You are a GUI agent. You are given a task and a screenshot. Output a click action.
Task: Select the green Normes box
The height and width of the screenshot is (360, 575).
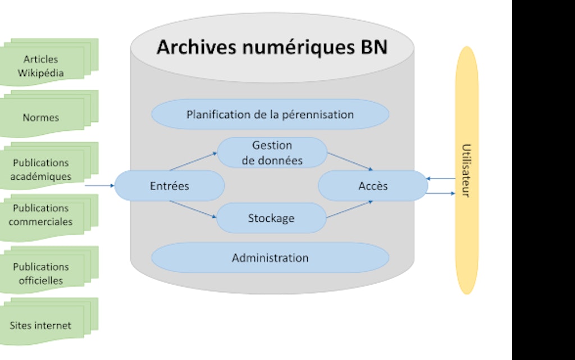coord(41,117)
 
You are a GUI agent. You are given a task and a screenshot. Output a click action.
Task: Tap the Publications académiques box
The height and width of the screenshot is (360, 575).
coord(41,169)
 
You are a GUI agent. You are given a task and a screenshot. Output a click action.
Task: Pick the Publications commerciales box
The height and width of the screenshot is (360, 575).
coord(41,215)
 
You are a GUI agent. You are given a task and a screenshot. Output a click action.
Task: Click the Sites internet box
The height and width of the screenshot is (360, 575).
coord(41,325)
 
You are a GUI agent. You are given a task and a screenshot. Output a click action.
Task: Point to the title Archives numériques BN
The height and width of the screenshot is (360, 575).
coord(272,47)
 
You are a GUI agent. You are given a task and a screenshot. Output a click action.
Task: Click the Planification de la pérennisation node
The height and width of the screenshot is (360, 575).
coord(270,115)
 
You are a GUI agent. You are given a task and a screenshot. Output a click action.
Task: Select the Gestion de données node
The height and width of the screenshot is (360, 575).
coord(272,152)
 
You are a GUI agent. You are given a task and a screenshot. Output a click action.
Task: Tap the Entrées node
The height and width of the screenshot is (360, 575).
coord(170,186)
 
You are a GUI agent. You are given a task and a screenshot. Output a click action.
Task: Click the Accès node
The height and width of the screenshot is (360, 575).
coord(373,185)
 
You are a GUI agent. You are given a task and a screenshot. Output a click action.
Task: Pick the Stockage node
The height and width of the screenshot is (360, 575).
coord(271,218)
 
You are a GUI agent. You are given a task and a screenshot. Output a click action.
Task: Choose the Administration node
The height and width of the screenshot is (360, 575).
coord(270,258)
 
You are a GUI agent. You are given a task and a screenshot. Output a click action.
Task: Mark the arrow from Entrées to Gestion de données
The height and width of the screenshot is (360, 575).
coord(193,161)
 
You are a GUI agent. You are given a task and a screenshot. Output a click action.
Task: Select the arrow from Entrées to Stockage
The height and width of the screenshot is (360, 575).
coord(193,209)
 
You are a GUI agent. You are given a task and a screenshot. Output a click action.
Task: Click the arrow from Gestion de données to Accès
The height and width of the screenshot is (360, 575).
coord(350,161)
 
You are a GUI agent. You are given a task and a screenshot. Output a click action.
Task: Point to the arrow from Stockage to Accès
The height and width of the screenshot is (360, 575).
coord(350,209)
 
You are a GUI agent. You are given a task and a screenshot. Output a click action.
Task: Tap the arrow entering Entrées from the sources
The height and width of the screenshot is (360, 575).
coord(99,185)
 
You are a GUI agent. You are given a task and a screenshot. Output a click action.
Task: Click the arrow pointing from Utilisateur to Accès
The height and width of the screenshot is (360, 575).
coord(441,179)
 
